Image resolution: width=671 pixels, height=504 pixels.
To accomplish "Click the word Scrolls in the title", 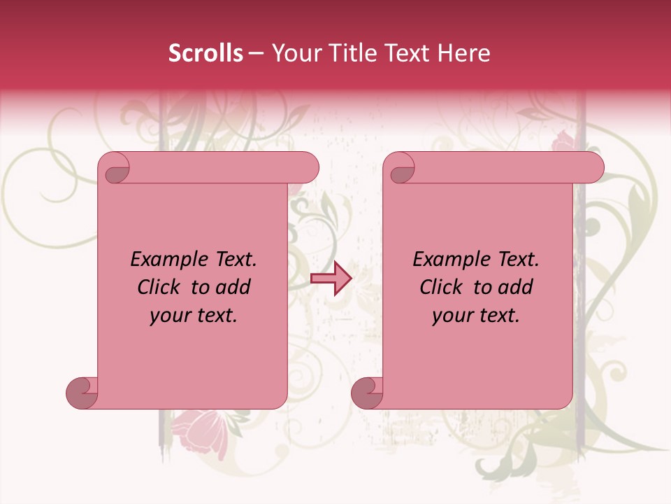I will (205, 53).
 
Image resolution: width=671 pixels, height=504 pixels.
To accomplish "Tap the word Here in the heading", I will (463, 53).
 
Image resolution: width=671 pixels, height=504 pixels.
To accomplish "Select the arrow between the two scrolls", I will (331, 279).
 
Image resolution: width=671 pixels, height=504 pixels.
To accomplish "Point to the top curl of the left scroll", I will (115, 170).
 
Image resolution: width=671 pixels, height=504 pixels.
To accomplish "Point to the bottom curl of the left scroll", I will (82, 393).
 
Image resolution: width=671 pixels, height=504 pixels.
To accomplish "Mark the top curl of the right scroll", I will (401, 170).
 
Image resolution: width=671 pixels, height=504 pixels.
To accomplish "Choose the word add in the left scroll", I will (233, 287).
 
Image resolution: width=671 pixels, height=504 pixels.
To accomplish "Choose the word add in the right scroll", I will (515, 287).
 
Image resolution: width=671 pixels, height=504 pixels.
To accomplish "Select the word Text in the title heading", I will (405, 53).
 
